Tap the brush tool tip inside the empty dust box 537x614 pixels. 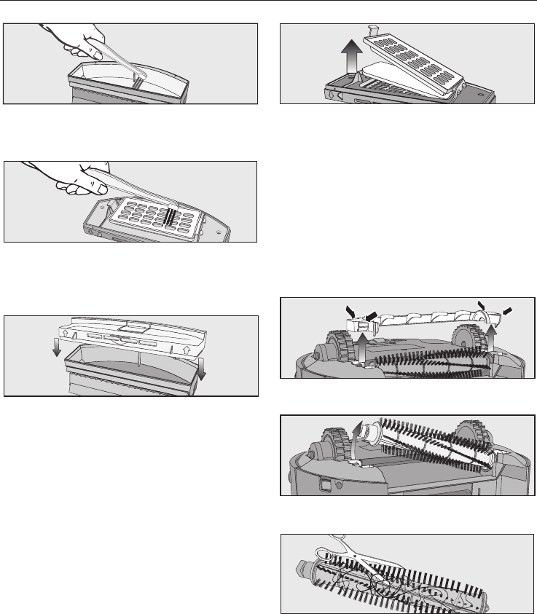[139, 72]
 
